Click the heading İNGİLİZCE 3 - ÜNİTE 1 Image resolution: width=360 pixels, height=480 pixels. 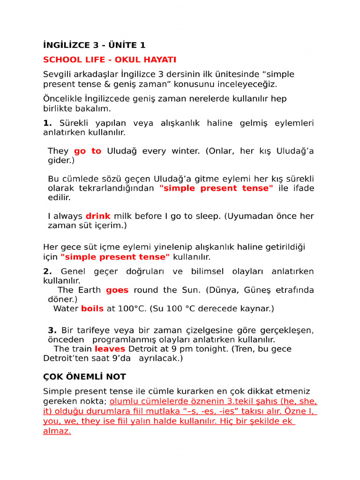pos(94,45)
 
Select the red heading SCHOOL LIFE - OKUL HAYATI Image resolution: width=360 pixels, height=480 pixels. pos(110,60)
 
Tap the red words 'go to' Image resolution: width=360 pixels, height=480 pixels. pos(88,151)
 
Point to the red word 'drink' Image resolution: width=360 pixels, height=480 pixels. pos(98,216)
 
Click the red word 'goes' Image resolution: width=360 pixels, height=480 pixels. pos(117,290)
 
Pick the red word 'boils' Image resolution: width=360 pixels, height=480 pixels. pos(92,308)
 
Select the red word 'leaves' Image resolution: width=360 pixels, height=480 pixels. pos(110,349)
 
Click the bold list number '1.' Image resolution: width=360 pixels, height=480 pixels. pos(47,123)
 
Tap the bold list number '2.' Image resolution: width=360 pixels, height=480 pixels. pos(47,271)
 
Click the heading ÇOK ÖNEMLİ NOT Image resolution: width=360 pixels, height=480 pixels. pos(84,377)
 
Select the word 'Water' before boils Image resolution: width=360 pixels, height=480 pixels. pos(66,308)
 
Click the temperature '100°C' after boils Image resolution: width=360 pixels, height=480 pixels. pos(131,308)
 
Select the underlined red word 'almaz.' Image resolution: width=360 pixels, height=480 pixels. pos(57,431)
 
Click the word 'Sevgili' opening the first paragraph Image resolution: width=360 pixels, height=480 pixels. pos(58,74)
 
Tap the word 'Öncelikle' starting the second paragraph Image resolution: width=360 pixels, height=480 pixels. pos(62,98)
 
